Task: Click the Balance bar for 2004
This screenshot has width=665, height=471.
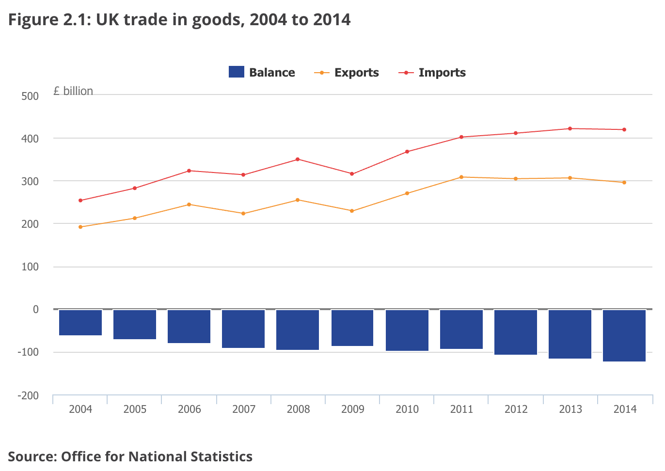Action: tap(80, 322)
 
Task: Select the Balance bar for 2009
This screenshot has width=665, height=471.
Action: tap(352, 328)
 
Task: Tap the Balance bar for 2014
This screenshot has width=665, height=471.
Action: tap(624, 335)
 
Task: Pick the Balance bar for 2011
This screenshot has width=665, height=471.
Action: tap(461, 329)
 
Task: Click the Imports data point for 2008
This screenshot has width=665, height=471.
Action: tap(298, 159)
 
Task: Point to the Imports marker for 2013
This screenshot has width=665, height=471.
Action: tap(570, 128)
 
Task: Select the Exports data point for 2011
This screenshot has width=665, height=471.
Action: tap(461, 177)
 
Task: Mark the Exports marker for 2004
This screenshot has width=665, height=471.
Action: tap(80, 227)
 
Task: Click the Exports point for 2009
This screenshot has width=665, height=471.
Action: tap(352, 211)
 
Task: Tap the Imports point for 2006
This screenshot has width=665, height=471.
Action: tap(189, 171)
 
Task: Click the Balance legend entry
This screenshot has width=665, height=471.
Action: tap(262, 73)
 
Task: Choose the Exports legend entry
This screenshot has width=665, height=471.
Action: tap(347, 73)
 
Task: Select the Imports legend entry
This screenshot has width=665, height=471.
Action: tap(432, 73)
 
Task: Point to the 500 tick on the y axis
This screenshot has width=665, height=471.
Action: tap(30, 96)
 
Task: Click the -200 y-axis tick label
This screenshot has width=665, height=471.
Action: tap(28, 395)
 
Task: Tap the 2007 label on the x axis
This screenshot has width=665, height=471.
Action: tap(244, 409)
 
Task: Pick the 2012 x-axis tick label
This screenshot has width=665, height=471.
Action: tap(516, 409)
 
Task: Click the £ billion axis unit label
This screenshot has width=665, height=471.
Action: tap(73, 91)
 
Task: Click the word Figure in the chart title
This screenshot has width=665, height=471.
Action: tap(33, 20)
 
